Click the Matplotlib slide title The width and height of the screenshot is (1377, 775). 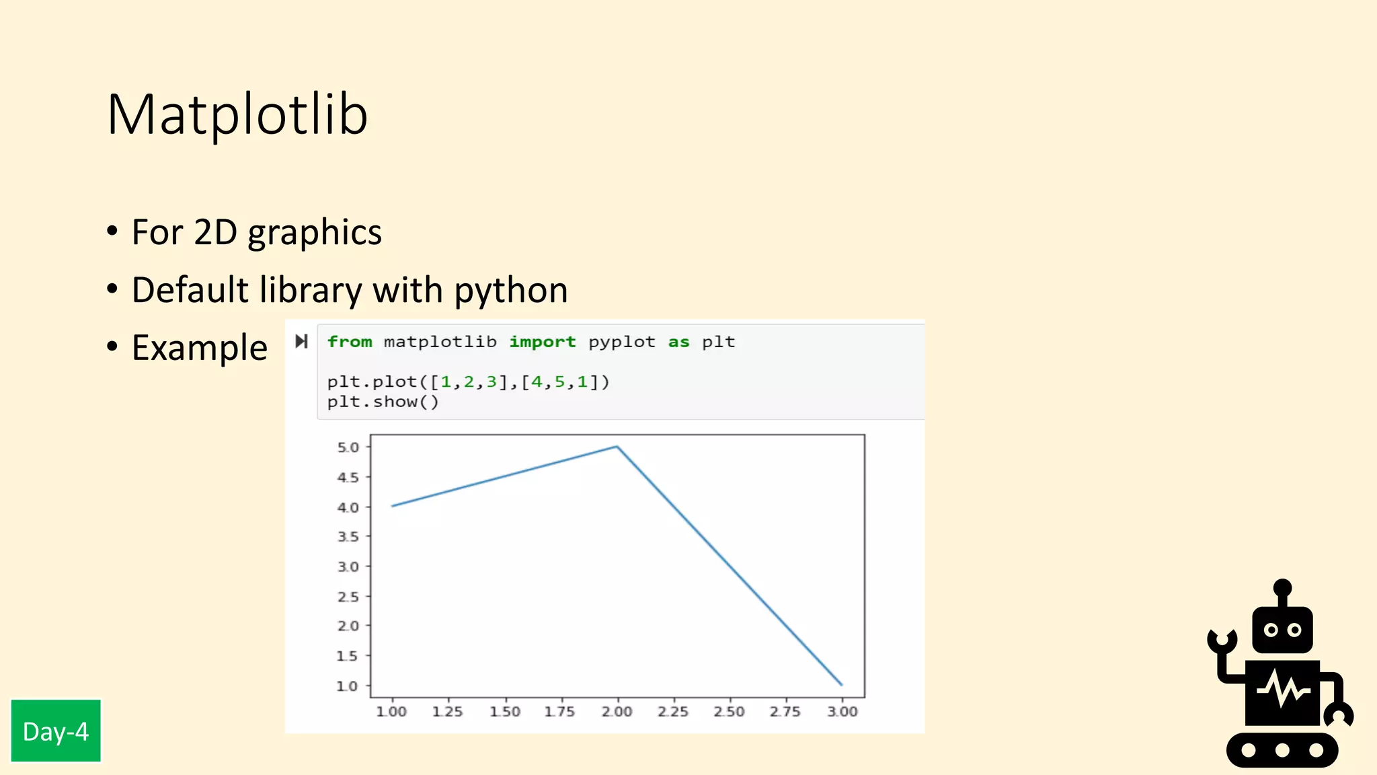tap(237, 114)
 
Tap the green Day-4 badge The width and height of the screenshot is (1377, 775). tap(56, 731)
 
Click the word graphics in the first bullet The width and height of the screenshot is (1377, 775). tap(314, 233)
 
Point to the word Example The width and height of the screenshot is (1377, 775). tap(200, 348)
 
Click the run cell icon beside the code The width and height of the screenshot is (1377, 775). tap(301, 341)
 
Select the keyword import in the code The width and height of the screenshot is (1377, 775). tap(542, 342)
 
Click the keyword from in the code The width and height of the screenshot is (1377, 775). tap(350, 342)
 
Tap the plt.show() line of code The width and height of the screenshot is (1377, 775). tap(383, 402)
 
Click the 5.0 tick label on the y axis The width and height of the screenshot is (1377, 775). tap(348, 447)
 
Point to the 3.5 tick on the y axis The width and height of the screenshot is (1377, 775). tap(348, 537)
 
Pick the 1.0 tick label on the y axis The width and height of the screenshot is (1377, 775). tap(347, 686)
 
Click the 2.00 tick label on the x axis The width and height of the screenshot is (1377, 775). tap(617, 712)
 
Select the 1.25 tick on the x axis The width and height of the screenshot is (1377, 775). tap(448, 712)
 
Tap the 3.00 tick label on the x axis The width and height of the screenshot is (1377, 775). tap(842, 712)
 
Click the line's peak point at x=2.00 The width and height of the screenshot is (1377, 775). tap(617, 447)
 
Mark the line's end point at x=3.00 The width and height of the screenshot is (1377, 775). tap(841, 685)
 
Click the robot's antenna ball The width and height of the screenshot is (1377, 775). tap(1282, 587)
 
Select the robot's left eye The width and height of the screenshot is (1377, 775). tap(1271, 630)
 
